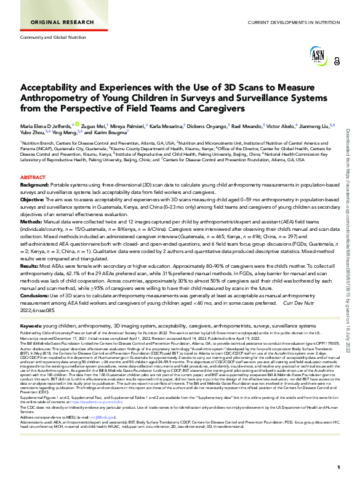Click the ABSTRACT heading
(33, 177)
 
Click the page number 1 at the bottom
(338, 468)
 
